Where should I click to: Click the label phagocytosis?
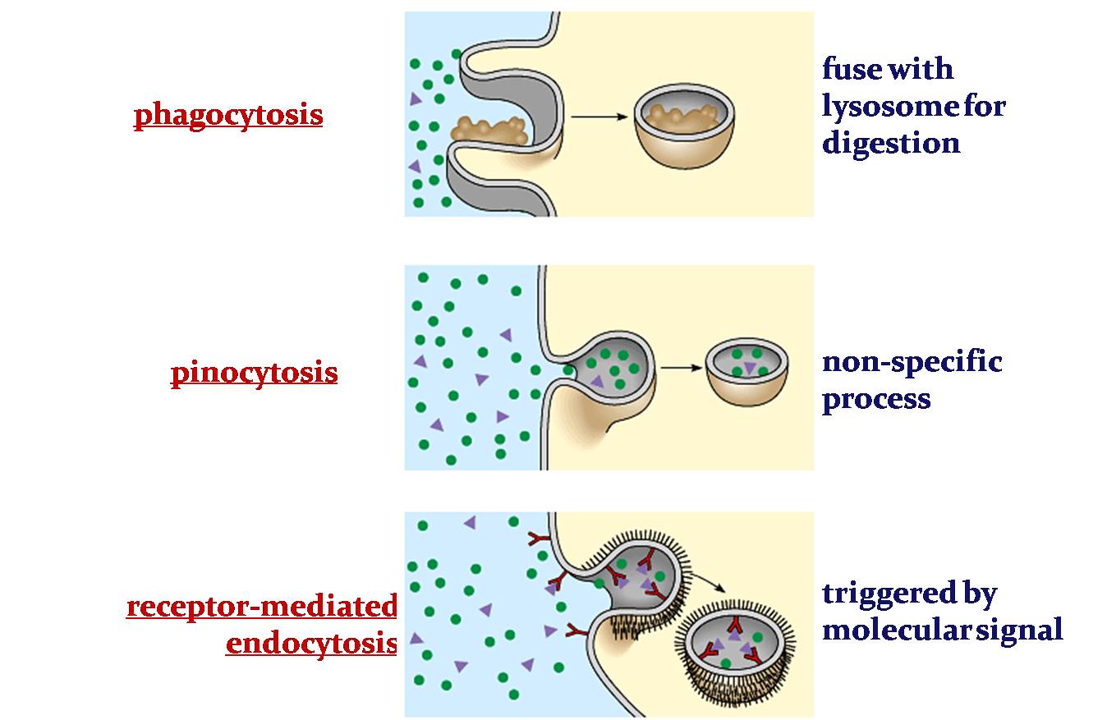pyautogui.click(x=228, y=115)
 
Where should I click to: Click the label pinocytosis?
pyautogui.click(x=254, y=373)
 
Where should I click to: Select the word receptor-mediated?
pyautogui.click(x=261, y=607)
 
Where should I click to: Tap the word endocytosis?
pyautogui.click(x=310, y=643)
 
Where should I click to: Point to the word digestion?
pyautogui.click(x=891, y=144)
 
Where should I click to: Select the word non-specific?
pyautogui.click(x=912, y=361)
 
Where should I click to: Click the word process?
pyautogui.click(x=876, y=400)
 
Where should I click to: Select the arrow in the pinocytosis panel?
pyautogui.click(x=681, y=367)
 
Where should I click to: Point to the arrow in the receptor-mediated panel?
pyautogui.click(x=708, y=581)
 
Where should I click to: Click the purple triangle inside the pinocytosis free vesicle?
pyautogui.click(x=749, y=368)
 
